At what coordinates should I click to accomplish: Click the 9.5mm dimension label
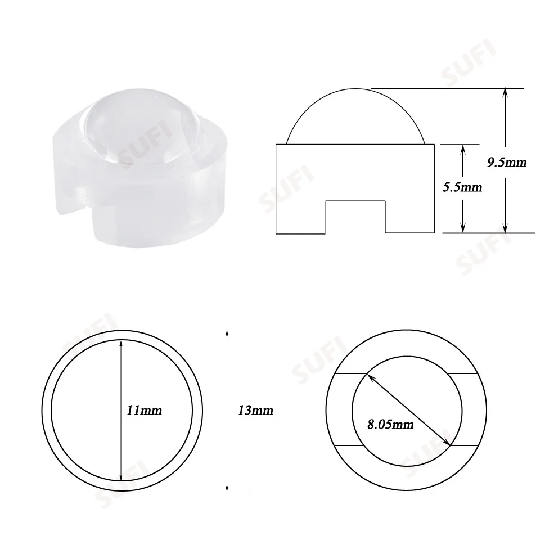point(507,162)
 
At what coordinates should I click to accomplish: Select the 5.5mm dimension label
point(462,187)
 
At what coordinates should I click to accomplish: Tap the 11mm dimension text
point(145,410)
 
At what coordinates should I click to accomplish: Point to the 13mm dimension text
point(255,410)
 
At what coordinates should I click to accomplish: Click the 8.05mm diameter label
point(390,424)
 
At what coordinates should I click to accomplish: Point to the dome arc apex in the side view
point(355,89)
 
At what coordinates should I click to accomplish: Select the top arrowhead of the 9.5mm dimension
point(505,92)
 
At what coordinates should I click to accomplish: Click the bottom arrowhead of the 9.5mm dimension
point(505,229)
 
